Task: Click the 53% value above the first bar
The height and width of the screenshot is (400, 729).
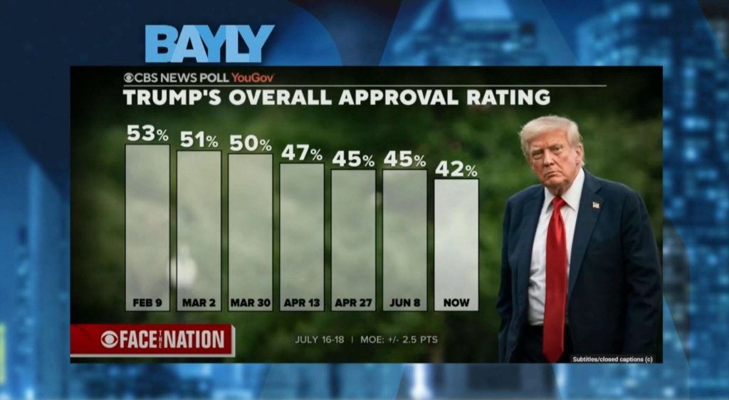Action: pyautogui.click(x=147, y=133)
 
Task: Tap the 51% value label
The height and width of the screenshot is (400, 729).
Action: pyautogui.click(x=199, y=139)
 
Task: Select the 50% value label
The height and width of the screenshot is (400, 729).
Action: pyautogui.click(x=250, y=143)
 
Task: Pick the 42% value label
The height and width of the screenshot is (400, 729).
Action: pyautogui.click(x=456, y=168)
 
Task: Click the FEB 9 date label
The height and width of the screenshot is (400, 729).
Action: pyautogui.click(x=147, y=302)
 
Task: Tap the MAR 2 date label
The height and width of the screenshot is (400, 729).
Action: pyautogui.click(x=199, y=302)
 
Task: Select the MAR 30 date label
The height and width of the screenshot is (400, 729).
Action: pyautogui.click(x=251, y=302)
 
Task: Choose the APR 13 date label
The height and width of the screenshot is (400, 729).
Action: pyautogui.click(x=302, y=302)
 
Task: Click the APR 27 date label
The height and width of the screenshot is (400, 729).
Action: pyautogui.click(x=353, y=302)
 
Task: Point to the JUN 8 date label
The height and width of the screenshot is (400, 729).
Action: pyautogui.click(x=404, y=302)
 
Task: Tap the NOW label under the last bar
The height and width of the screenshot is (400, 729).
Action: pyautogui.click(x=456, y=302)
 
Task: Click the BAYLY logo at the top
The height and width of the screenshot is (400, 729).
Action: pyautogui.click(x=209, y=44)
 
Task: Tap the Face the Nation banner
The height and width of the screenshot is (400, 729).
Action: pyautogui.click(x=152, y=339)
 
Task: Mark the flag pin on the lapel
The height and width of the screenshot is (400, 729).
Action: pyautogui.click(x=595, y=205)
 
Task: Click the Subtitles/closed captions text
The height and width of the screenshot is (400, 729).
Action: pyautogui.click(x=612, y=359)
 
